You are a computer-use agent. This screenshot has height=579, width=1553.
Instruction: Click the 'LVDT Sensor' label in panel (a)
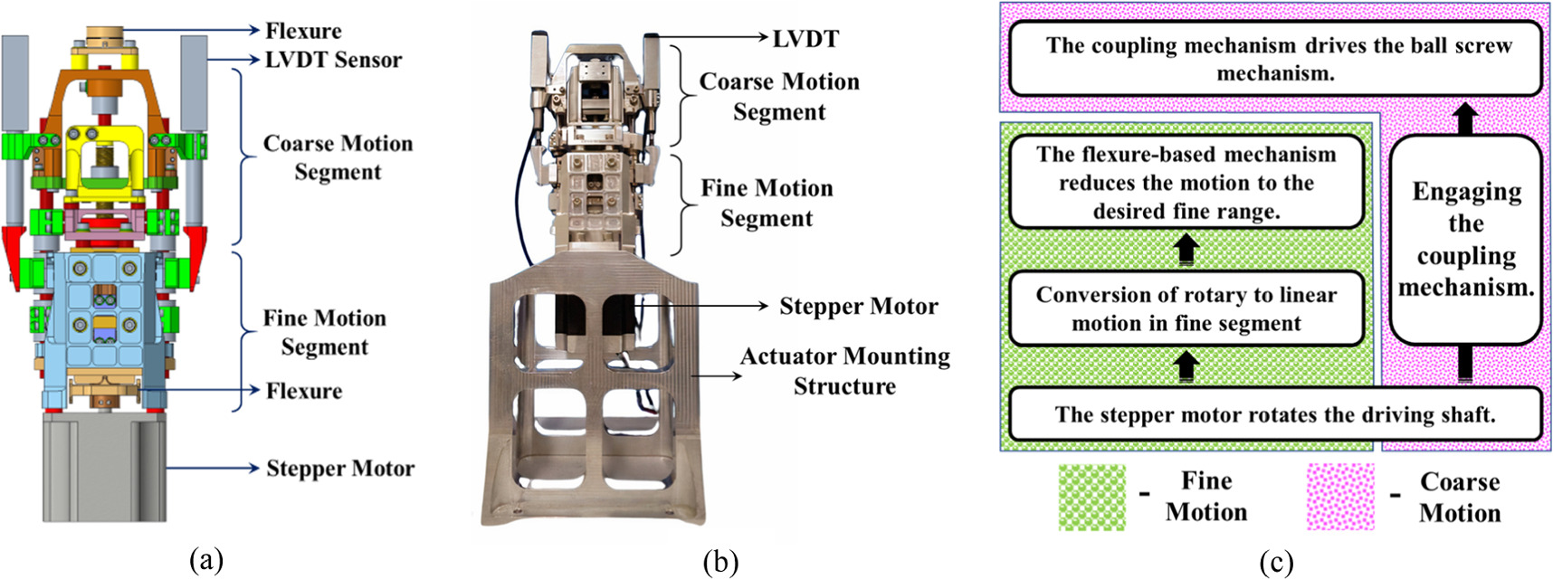(x=333, y=61)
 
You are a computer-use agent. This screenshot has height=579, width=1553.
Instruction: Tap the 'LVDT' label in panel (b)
(x=805, y=39)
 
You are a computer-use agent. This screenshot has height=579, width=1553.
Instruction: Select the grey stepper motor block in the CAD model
(x=104, y=467)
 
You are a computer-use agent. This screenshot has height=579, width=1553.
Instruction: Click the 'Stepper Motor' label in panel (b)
(x=858, y=307)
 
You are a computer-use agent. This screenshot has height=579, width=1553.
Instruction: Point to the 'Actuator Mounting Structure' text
(x=844, y=371)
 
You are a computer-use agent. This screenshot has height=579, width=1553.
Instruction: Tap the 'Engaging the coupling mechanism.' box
(x=1465, y=240)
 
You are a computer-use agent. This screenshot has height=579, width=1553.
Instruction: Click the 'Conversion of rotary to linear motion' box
(x=1186, y=309)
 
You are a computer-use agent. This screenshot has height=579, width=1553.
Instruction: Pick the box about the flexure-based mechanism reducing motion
(x=1186, y=183)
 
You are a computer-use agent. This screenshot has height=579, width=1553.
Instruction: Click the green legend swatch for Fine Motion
(x=1092, y=498)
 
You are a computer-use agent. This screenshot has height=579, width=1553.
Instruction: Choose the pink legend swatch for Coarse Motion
(x=1340, y=498)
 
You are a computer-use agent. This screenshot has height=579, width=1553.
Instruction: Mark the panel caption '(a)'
(x=206, y=560)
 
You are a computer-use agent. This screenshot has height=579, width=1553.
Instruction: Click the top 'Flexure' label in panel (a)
(x=303, y=31)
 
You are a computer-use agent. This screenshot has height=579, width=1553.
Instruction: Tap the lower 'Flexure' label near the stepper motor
(x=303, y=392)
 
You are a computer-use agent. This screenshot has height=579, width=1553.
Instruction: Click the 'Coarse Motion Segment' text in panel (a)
(x=338, y=157)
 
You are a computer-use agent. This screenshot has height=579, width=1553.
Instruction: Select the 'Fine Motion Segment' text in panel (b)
(x=767, y=203)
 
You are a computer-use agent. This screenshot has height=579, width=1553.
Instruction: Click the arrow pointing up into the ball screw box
(x=1465, y=117)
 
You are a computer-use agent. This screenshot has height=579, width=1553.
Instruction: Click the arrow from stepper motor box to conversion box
(x=1186, y=365)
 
